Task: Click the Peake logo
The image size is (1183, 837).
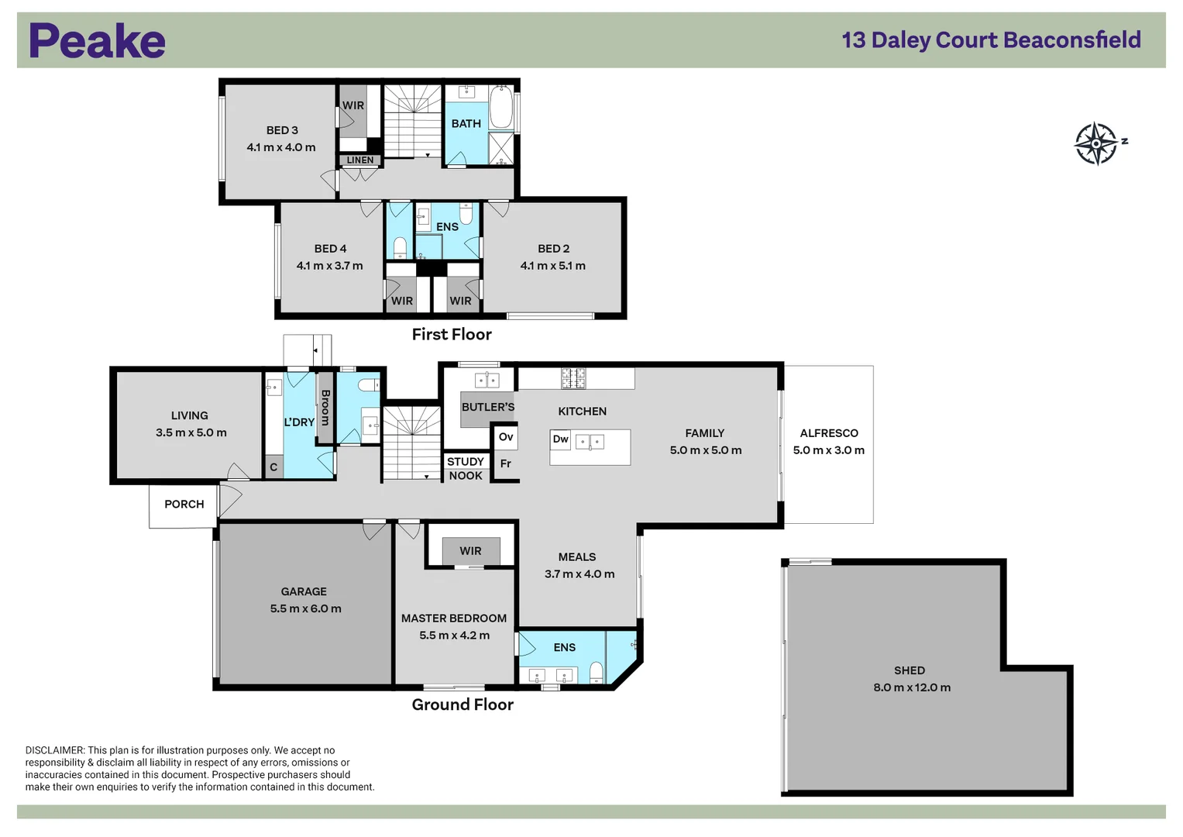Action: (97, 41)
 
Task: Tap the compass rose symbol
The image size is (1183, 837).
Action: (1096, 143)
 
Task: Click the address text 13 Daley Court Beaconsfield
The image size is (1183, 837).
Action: (991, 40)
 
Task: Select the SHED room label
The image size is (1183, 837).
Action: (909, 670)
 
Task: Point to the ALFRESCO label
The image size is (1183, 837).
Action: (828, 433)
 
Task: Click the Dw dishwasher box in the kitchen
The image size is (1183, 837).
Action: (561, 439)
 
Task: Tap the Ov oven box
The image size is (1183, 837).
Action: (506, 437)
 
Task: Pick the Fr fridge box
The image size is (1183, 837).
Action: (506, 463)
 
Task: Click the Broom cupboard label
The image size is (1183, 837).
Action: (325, 408)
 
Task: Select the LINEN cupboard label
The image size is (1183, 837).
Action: (359, 160)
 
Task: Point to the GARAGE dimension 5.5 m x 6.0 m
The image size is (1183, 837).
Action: (305, 608)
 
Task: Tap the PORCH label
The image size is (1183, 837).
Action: (184, 504)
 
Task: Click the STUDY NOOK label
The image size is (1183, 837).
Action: (466, 468)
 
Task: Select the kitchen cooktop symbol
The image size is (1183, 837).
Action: (573, 378)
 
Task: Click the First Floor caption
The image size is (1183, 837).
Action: (451, 334)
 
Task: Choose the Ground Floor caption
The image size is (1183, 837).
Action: (462, 704)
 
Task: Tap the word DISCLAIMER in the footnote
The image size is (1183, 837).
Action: (54, 750)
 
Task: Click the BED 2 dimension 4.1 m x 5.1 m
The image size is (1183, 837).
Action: (552, 265)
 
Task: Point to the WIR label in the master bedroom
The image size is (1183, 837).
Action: (470, 551)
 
